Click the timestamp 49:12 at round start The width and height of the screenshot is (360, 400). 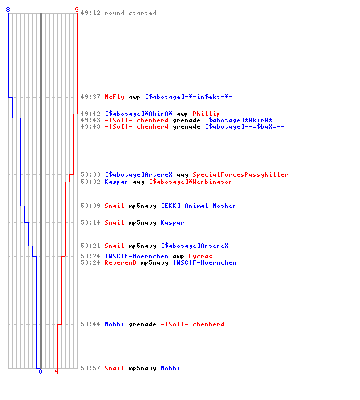point(90,13)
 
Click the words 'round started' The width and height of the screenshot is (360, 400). point(130,13)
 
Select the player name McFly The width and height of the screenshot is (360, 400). point(114,97)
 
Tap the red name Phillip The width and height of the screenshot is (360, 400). point(206,114)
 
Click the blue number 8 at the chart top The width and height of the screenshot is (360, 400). point(8,10)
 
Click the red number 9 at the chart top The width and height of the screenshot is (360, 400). point(77,10)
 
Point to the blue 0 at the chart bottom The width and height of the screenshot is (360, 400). point(40,371)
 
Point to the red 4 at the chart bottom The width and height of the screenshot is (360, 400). point(57,371)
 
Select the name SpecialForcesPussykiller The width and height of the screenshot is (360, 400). point(240,174)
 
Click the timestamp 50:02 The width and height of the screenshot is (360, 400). point(90,182)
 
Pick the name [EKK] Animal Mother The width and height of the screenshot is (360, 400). point(198,206)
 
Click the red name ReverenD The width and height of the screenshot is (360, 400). point(120,262)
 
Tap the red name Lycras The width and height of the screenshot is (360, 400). point(200,256)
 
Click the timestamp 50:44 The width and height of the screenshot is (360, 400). point(90,324)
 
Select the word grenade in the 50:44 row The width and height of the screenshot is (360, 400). point(142,325)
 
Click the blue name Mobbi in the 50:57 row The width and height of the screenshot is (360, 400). point(170,368)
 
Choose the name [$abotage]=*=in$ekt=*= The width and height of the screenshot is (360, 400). point(189,97)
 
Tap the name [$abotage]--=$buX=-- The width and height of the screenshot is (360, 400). point(245,126)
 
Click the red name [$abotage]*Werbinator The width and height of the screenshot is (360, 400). point(190,182)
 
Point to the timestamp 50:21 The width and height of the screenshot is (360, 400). point(90,246)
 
